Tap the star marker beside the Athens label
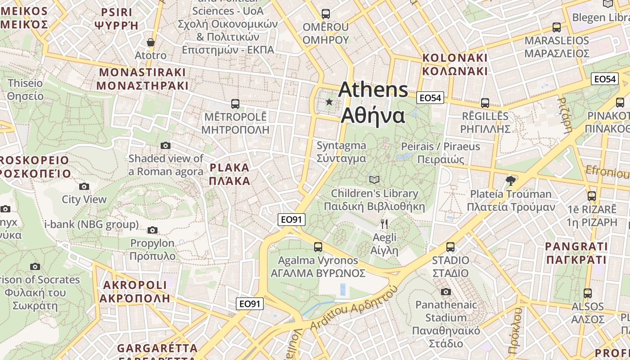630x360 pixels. [329, 102]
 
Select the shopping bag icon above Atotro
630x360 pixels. [151, 43]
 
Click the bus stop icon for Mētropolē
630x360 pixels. [235, 104]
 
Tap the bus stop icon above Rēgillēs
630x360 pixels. [485, 103]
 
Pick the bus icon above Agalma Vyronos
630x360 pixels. [318, 247]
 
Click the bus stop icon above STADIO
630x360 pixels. [450, 247]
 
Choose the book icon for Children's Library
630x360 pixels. [374, 180]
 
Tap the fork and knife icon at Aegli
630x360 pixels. [384, 224]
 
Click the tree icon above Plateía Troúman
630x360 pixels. [510, 181]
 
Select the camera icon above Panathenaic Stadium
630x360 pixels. [446, 292]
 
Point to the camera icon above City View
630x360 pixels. [84, 186]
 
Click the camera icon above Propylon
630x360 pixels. [153, 230]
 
